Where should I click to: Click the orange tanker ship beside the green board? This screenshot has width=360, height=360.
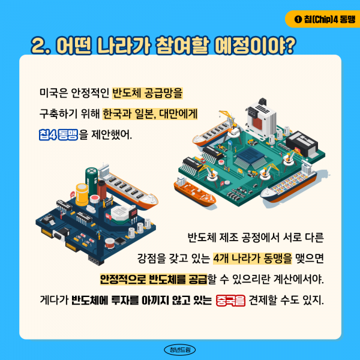tap(194, 190)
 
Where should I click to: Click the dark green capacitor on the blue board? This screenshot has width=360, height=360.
tap(91, 178)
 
